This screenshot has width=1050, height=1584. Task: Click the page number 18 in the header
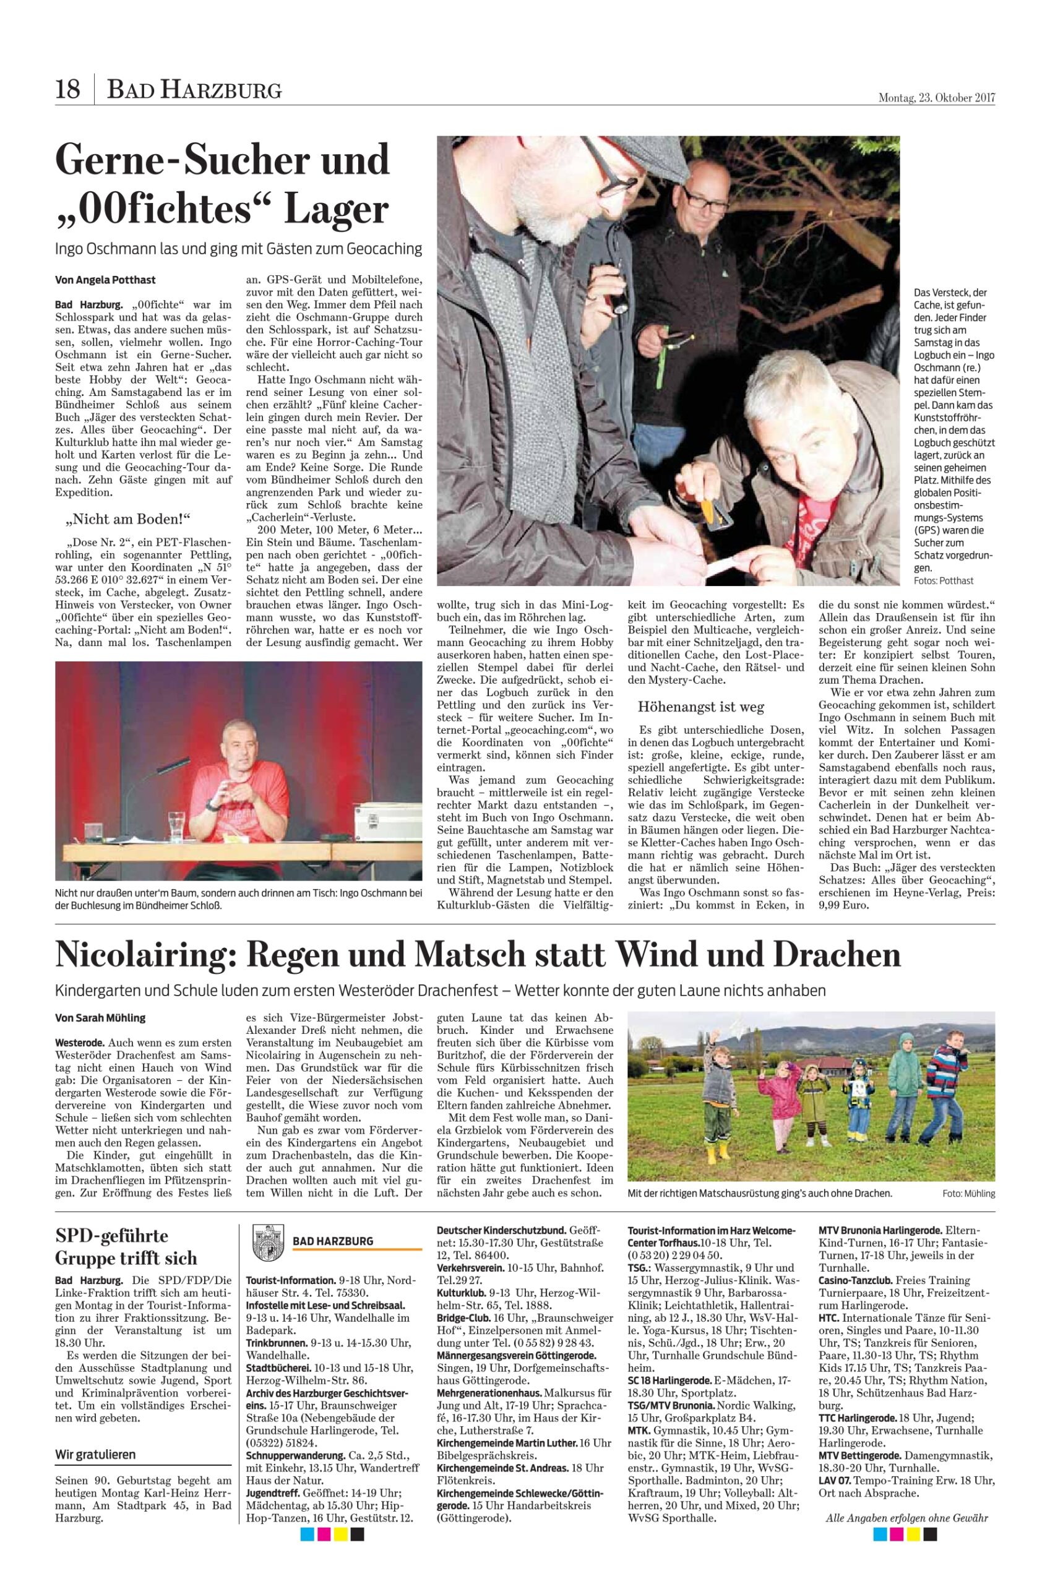click(x=67, y=89)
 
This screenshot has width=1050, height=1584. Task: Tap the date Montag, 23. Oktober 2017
click(x=936, y=98)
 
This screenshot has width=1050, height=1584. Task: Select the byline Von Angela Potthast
click(x=105, y=280)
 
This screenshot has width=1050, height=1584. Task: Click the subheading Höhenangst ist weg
click(x=700, y=707)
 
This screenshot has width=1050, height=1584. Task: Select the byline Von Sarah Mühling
click(x=100, y=1018)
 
